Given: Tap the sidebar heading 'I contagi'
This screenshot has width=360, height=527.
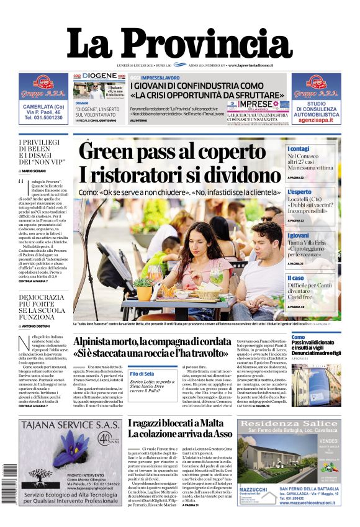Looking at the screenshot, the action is point(299,149).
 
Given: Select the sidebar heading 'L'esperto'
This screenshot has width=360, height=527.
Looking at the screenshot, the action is point(300,192).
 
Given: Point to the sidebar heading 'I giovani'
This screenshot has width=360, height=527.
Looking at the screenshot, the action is point(299,236).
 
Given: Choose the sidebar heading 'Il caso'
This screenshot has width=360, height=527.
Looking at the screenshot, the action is point(296,278).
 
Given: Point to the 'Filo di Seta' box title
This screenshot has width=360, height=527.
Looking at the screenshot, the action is point(142,374).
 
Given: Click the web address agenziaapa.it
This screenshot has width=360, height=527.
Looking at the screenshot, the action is point(316,117).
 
